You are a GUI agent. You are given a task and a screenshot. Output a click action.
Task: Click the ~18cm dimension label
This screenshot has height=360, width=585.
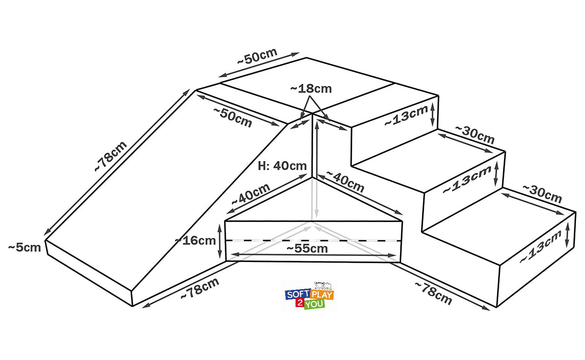click(311, 89)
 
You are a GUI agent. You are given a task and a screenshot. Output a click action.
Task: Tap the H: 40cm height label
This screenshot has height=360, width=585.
click(282, 166)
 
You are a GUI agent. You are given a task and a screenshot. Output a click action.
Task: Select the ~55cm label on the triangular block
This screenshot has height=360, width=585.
click(307, 248)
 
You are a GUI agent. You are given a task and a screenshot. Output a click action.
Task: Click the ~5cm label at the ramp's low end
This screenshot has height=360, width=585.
click(24, 247)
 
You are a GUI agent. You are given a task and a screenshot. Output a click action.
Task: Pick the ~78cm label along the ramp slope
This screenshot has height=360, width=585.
click(110, 156)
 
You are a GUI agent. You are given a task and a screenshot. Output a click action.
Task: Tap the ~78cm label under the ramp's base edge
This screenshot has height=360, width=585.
click(200, 289)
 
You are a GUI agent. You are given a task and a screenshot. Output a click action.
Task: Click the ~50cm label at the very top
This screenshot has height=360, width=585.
click(257, 56)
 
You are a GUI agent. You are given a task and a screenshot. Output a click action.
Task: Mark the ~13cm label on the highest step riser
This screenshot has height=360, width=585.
click(406, 116)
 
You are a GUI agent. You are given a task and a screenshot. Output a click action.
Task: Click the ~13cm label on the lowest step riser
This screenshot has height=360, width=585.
click(540, 247)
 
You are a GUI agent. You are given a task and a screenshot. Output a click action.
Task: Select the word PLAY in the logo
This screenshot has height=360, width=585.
click(322, 295)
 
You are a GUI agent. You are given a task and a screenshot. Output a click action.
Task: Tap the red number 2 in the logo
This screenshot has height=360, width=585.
click(300, 303)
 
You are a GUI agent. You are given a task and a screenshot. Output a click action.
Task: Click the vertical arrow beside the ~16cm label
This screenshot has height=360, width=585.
click(220, 241)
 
